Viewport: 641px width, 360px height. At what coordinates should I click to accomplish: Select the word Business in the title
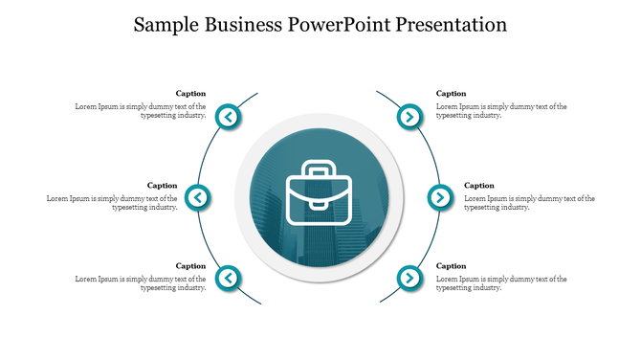[x=242, y=25]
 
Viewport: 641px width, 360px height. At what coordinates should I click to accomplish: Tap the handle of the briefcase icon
[x=319, y=169]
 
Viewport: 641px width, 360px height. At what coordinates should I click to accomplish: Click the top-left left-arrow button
[x=230, y=118]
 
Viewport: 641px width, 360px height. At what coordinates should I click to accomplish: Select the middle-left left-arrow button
[x=197, y=198]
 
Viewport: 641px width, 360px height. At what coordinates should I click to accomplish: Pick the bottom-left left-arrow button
[x=230, y=279]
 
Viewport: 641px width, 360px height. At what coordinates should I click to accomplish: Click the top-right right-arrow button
[x=409, y=118]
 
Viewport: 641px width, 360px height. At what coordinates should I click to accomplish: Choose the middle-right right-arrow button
[x=439, y=198]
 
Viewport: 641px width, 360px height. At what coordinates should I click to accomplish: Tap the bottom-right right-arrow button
[x=409, y=279]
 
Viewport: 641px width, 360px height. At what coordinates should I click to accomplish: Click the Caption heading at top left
[x=190, y=94]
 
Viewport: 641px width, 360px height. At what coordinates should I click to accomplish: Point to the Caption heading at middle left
[x=162, y=186]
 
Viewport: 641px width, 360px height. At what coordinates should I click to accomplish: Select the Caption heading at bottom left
[x=190, y=266]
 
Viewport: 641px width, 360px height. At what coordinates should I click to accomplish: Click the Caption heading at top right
[x=452, y=94]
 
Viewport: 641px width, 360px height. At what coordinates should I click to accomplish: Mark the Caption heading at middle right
[x=479, y=186]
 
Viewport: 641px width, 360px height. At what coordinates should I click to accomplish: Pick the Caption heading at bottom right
[x=452, y=266]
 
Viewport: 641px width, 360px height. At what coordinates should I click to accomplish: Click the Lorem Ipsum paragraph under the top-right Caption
[x=501, y=111]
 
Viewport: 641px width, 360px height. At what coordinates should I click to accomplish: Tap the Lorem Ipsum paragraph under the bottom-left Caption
[x=141, y=283]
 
